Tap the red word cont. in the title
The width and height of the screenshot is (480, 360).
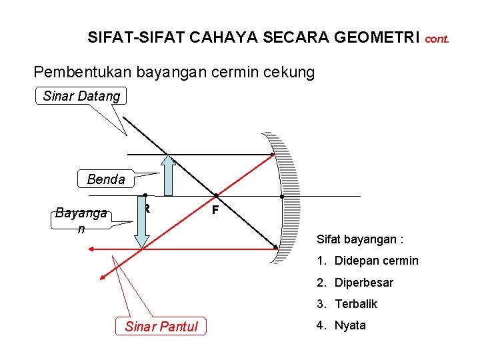point(437,39)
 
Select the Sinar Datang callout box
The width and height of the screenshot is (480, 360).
point(81,96)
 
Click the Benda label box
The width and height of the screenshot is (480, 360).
point(106,179)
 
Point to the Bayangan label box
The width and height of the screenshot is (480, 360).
point(81,220)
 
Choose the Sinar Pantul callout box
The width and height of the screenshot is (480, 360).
point(161,327)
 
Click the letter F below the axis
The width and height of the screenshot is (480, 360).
point(215,210)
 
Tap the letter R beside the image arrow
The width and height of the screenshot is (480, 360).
point(147,209)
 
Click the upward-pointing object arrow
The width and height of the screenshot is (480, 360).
point(168,176)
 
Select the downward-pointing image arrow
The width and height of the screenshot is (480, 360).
point(142,223)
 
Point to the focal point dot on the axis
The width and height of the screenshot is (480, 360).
point(216,196)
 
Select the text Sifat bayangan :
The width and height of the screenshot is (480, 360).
point(360,239)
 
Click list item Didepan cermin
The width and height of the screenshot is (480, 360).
point(376,261)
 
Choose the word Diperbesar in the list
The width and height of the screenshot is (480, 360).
point(363,283)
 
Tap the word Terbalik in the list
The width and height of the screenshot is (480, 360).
point(356,304)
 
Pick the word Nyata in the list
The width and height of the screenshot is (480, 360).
point(350,326)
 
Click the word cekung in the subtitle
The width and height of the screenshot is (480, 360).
point(285,72)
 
